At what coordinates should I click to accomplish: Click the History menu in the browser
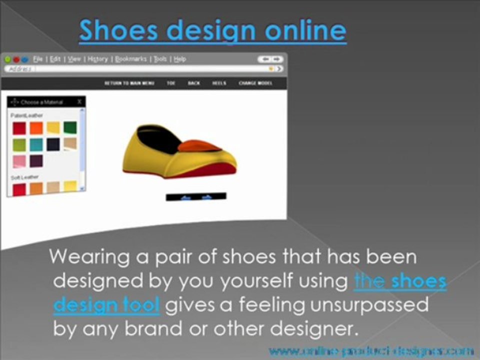coord(98,59)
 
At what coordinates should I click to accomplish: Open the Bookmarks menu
coord(131,59)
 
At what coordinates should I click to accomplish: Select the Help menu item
coord(180,59)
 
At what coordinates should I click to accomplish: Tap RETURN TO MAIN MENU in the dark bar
coord(129,83)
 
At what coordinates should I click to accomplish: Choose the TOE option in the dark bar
coord(171,83)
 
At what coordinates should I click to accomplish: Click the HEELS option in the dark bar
coord(219,83)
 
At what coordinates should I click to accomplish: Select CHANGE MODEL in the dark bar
coord(255,83)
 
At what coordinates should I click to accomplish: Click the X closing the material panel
coord(79,101)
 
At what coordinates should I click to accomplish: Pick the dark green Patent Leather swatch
coord(70,128)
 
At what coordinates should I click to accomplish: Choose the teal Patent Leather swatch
coord(36,144)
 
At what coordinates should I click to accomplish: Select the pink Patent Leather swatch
coord(19,161)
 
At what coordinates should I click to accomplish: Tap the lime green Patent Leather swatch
coord(19,144)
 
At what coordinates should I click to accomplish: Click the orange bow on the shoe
coord(199,146)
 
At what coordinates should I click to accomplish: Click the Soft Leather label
coord(21,177)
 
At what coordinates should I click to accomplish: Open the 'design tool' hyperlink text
coord(106,305)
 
